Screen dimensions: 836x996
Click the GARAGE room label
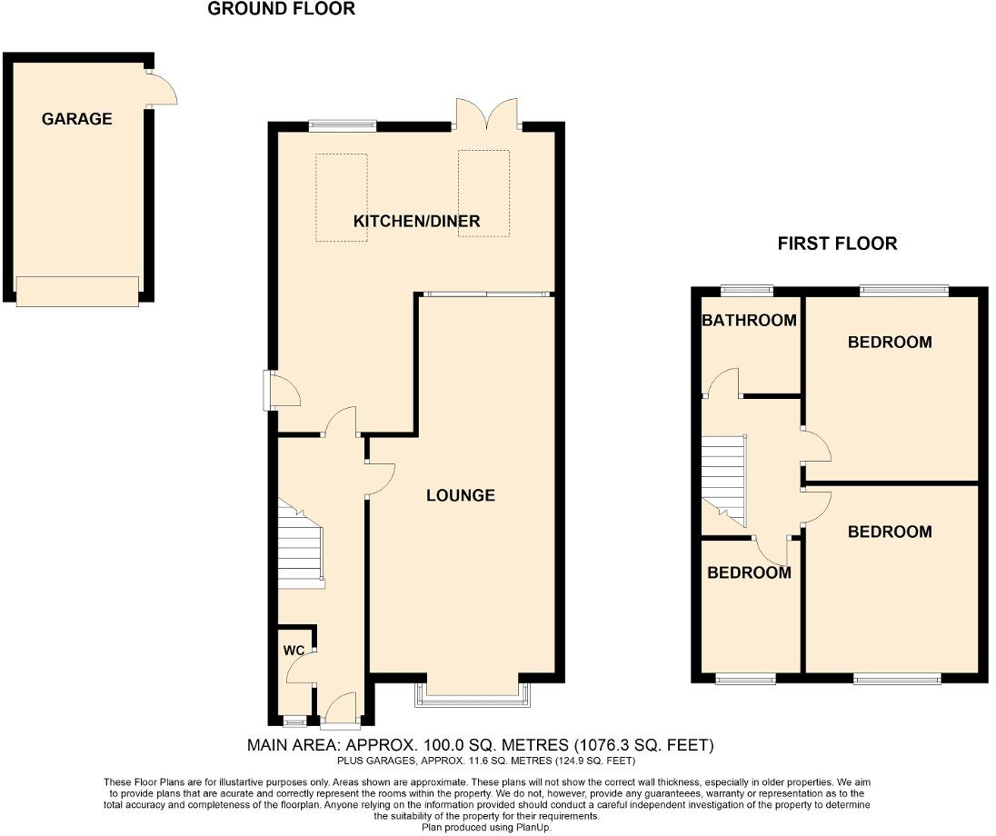(x=77, y=119)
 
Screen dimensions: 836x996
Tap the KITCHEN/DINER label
(x=416, y=221)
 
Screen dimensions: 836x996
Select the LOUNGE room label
(x=461, y=495)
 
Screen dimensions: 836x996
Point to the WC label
(x=293, y=651)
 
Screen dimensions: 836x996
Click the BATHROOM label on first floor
(x=749, y=320)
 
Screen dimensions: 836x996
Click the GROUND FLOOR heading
(x=281, y=9)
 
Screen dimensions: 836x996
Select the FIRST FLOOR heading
(x=837, y=244)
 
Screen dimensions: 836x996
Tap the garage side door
(x=162, y=88)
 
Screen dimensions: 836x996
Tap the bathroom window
(x=747, y=291)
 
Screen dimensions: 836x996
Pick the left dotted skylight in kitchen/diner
(x=342, y=197)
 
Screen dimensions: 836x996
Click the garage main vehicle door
(x=77, y=291)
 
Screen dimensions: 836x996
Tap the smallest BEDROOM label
(x=749, y=572)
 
